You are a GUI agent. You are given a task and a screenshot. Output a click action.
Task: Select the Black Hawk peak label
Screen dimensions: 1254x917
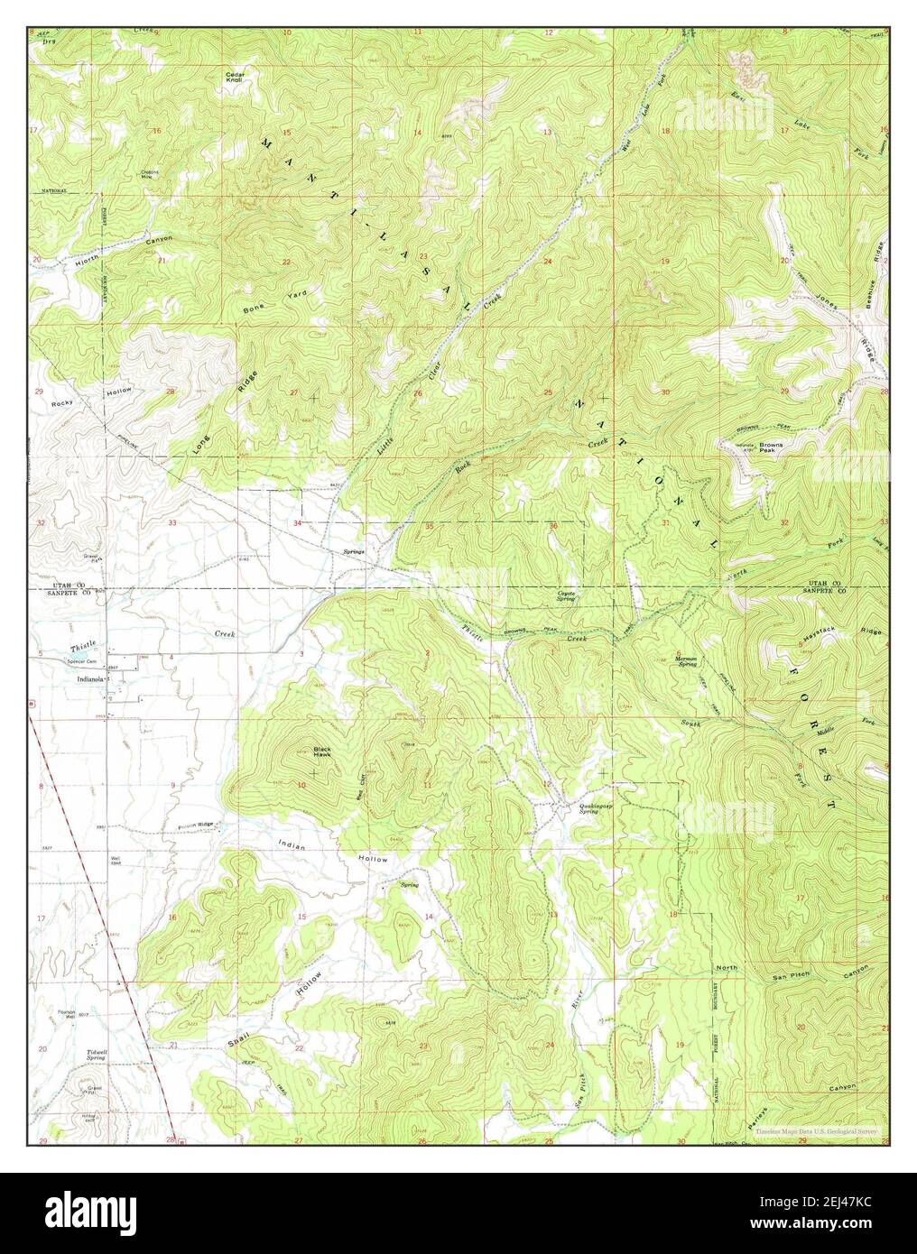322,751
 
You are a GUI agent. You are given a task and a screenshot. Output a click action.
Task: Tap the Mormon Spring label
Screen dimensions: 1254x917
690,660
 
